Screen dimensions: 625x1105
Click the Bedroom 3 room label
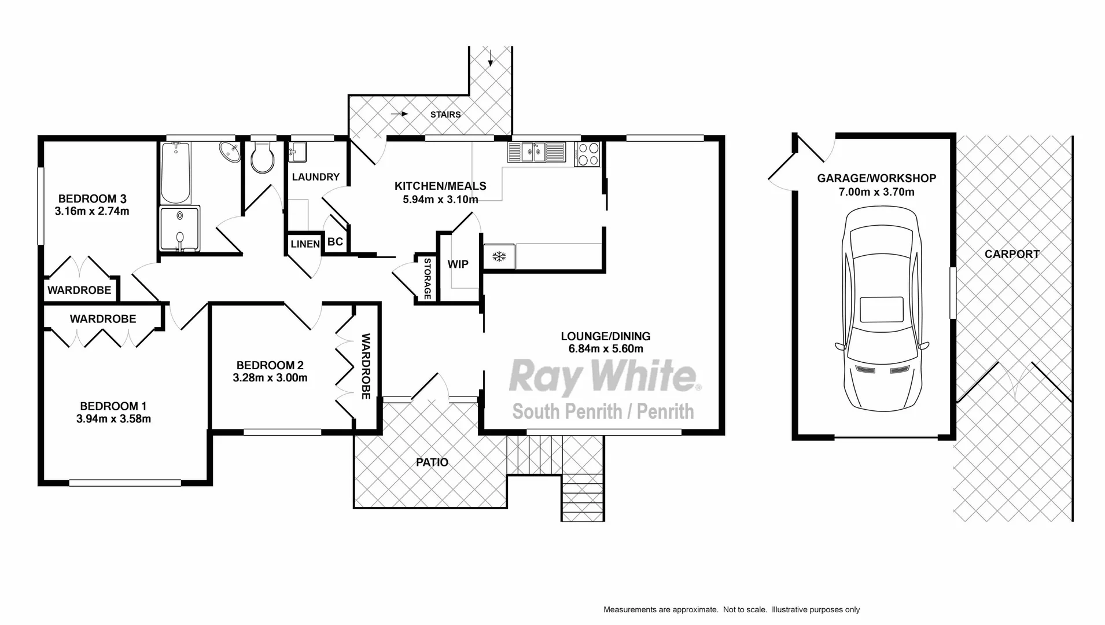[x=92, y=198]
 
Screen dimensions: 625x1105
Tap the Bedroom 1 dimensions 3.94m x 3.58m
[x=113, y=419]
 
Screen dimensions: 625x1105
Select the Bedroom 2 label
[x=270, y=365]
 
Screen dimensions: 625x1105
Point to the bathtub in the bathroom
[x=175, y=172]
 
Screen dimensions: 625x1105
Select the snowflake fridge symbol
[x=499, y=256]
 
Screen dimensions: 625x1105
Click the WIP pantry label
[x=458, y=264]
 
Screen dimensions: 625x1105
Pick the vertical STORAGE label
[x=428, y=279]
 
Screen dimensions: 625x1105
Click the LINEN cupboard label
[x=305, y=244]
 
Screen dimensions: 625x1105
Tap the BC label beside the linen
[x=335, y=242]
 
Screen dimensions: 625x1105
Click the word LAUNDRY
[x=315, y=177]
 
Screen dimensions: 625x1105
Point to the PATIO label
[x=432, y=462]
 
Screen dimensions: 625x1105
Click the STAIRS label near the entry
[x=445, y=115]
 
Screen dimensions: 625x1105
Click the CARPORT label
[x=1012, y=254]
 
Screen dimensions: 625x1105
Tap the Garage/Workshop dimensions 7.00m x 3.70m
[x=876, y=192]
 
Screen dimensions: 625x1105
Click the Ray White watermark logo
[x=603, y=376]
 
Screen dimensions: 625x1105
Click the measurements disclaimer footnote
[x=731, y=609]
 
